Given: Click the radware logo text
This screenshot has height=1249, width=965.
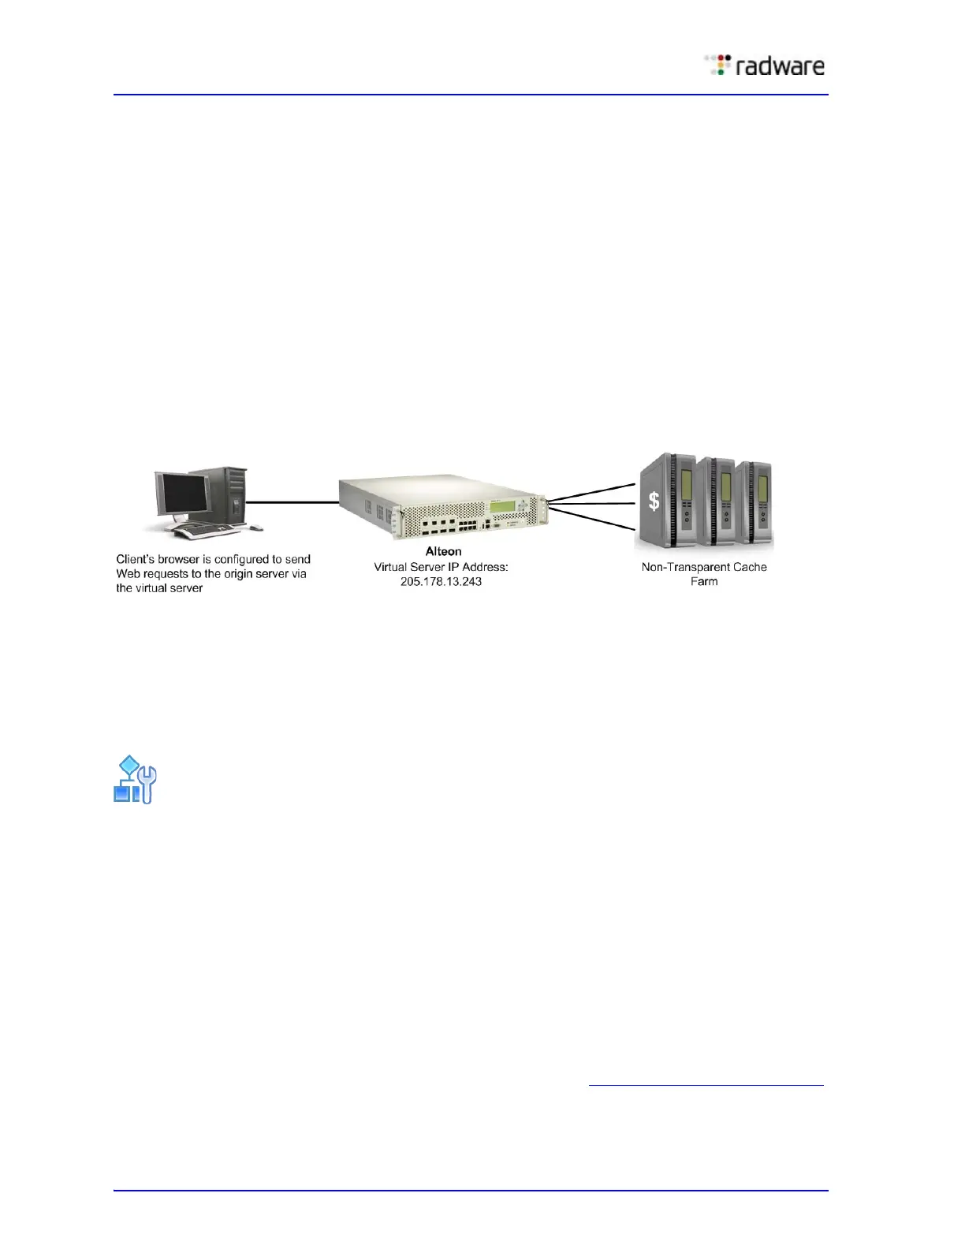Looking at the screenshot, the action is click(x=780, y=66).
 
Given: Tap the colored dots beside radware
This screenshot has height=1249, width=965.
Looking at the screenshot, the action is click(x=718, y=65).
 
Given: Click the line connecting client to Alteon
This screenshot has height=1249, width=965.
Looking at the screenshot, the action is click(x=292, y=501).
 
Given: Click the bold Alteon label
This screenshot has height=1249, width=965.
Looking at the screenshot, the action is click(x=443, y=551).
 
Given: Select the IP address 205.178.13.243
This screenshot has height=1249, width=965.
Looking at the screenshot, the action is click(x=441, y=581).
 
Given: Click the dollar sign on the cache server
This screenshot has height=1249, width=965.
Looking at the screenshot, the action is click(x=654, y=501).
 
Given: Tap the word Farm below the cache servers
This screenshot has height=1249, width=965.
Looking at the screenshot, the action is click(x=704, y=582).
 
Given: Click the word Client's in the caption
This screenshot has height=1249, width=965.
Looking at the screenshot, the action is click(x=136, y=559).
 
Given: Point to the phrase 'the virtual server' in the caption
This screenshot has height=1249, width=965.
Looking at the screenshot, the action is click(x=159, y=588).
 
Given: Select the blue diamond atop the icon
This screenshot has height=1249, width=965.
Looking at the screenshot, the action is click(x=129, y=765).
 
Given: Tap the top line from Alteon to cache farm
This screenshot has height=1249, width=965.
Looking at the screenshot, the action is click(x=591, y=491).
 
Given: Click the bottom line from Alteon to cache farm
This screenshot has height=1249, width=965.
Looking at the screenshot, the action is click(x=591, y=519).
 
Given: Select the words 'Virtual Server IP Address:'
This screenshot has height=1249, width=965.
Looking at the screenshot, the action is click(x=441, y=567).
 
